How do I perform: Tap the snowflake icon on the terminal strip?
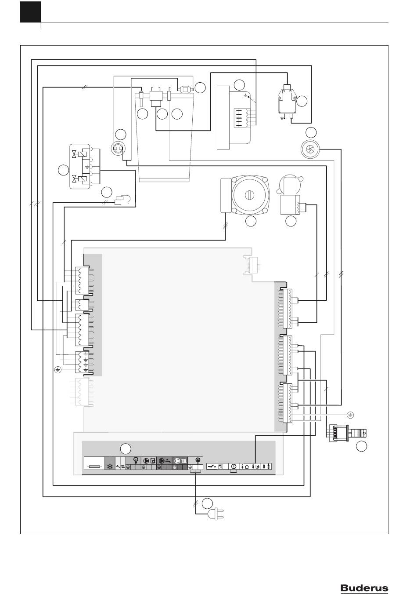[110, 467]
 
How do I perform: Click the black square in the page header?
[31, 12]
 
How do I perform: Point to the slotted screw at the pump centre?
[248, 195]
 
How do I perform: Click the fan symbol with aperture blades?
[309, 149]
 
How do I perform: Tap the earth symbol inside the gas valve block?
[87, 167]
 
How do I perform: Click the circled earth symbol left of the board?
[58, 370]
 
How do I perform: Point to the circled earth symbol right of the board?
[350, 415]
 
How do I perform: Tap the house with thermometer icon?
[245, 467]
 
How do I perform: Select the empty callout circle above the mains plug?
[207, 503]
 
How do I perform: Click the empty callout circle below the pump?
[251, 221]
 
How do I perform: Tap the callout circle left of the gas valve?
[63, 170]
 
